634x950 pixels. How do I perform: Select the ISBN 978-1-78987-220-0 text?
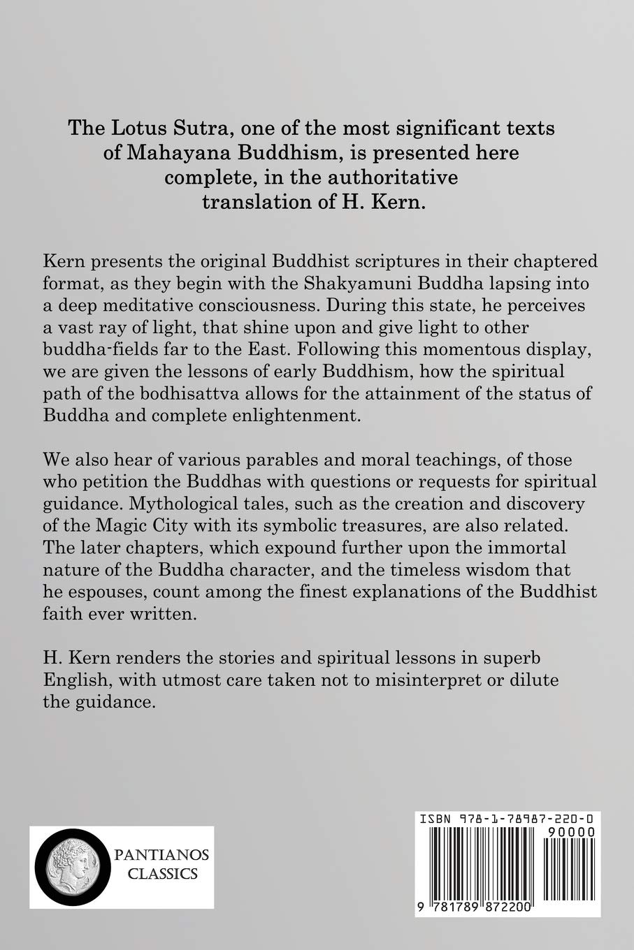pos(507,819)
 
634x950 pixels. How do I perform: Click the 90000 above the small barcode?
pos(568,833)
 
